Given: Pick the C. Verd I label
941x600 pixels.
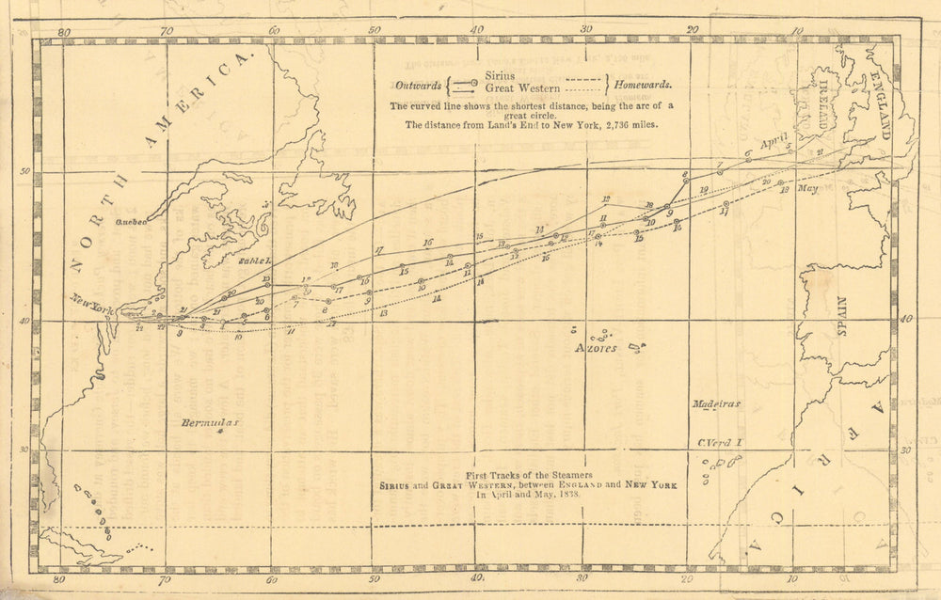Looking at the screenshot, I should (x=720, y=441).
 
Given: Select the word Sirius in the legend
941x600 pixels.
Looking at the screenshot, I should (x=501, y=73).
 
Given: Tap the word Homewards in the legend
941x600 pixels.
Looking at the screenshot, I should (x=648, y=85).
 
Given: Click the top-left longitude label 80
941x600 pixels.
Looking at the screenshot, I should (x=63, y=31).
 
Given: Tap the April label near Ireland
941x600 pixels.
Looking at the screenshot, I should (x=774, y=142).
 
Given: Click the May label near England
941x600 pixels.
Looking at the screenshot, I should (x=807, y=187).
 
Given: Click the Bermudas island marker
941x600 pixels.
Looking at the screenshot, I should (x=219, y=434).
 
